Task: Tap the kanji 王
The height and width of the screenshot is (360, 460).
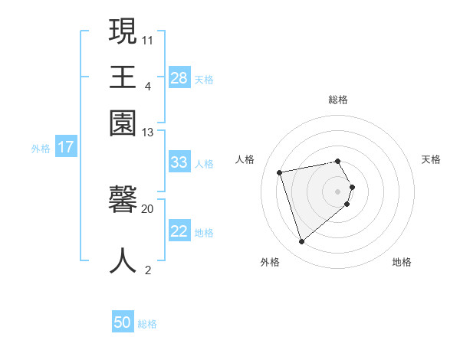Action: [123, 77]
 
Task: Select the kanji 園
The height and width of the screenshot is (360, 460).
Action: [123, 123]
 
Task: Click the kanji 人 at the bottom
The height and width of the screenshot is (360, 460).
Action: [123, 260]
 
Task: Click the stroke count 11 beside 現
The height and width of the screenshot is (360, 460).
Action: [148, 40]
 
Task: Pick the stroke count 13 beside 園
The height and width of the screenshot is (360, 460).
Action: [148, 133]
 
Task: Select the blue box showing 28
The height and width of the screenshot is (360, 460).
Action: [179, 77]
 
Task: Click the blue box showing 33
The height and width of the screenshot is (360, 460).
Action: [179, 162]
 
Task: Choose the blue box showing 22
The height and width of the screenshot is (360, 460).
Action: [179, 231]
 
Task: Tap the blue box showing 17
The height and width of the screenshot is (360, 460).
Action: [66, 147]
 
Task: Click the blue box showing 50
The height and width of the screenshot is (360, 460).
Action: [123, 322]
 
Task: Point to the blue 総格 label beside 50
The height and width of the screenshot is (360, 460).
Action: [147, 324]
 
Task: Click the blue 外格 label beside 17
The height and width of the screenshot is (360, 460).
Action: [41, 149]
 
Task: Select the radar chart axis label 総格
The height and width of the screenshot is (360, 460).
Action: [338, 100]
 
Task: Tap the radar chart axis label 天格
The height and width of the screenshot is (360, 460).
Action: [431, 159]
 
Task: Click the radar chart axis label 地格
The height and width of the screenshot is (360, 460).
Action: [402, 262]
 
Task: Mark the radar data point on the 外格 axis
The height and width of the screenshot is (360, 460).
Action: [301, 242]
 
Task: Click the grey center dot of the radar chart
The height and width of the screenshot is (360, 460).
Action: [338, 191]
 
